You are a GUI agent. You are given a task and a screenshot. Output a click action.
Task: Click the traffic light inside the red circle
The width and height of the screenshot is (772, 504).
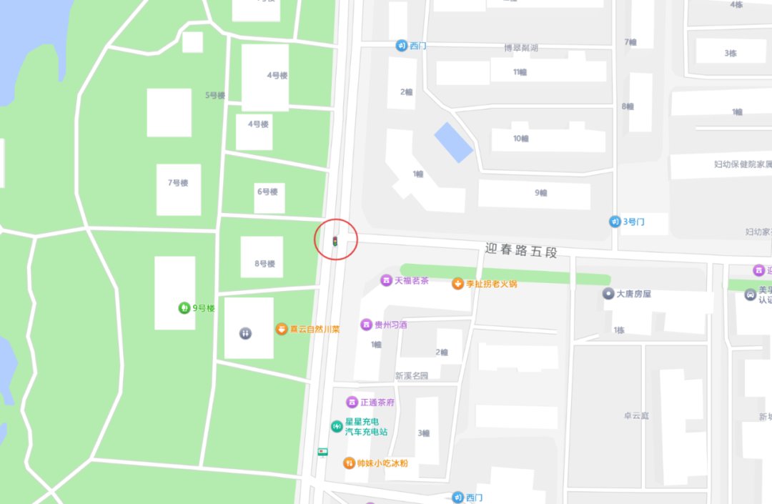[x=335, y=242]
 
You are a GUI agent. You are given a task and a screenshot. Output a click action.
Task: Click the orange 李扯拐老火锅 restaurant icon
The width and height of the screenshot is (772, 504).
[x=457, y=284]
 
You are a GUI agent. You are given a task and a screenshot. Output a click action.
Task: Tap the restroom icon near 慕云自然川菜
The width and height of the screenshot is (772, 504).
[x=245, y=333]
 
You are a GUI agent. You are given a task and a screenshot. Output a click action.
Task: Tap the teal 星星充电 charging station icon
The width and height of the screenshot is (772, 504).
[x=336, y=427]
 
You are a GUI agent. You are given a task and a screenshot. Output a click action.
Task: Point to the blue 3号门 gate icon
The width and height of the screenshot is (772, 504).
[x=615, y=222]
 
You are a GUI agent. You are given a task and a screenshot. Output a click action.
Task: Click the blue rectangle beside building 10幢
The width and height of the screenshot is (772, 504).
[x=454, y=142]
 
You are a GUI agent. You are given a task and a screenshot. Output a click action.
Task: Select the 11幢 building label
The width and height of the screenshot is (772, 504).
[x=520, y=72]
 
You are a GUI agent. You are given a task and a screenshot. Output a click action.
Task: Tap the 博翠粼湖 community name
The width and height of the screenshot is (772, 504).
[x=520, y=49]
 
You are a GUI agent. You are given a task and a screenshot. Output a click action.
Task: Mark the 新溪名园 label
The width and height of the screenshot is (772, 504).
[x=411, y=376]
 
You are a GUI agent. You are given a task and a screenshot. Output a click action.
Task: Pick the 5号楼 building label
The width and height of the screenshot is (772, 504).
[x=215, y=96]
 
